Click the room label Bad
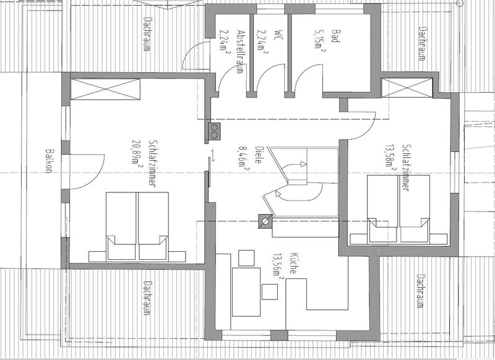pyautogui.click(x=336, y=36)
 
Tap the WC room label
pyautogui.click(x=278, y=35)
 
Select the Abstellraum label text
pyautogui.click(x=240, y=52)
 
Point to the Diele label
pyautogui.click(x=259, y=155)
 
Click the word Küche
pyautogui.click(x=293, y=263)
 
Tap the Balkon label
pyautogui.click(x=48, y=161)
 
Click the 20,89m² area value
pyautogui.click(x=136, y=152)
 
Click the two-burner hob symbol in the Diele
pyautogui.click(x=214, y=131)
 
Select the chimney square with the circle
pyautogui.click(x=265, y=221)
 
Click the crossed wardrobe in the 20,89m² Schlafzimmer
pyautogui.click(x=105, y=89)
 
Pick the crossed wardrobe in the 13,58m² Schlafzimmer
pyautogui.click(x=407, y=88)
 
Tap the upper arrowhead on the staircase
pyautogui.click(x=303, y=164)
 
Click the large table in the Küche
pyautogui.click(x=246, y=292)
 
